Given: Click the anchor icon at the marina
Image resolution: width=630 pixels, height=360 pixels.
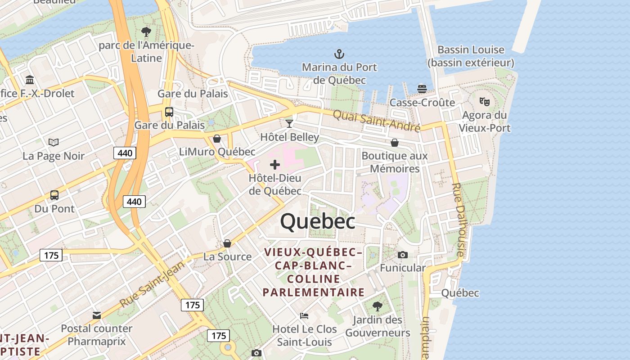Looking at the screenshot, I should (339, 54).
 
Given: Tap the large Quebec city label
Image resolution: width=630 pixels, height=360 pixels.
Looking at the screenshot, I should (318, 221).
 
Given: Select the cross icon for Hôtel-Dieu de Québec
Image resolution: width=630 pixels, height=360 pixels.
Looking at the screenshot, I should (274, 165).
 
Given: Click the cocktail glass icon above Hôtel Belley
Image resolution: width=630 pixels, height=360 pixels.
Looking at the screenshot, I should (289, 123).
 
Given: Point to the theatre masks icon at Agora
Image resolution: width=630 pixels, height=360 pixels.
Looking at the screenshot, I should (484, 102).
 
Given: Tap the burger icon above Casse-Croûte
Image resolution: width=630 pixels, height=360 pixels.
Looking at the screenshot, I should (422, 89).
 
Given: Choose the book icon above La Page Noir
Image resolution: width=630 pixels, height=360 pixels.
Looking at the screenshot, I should (54, 143).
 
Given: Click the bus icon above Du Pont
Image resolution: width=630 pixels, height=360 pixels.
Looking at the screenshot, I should (54, 195).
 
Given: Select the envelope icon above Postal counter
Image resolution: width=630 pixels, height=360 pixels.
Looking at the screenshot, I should (97, 315).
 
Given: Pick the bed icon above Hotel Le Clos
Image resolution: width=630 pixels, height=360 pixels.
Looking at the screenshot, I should (304, 315).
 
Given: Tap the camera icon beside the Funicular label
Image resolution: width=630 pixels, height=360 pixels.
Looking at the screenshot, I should (403, 255).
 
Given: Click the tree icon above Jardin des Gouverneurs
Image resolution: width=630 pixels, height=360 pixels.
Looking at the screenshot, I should (378, 306).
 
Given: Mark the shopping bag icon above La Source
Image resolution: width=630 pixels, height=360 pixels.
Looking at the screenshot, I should (227, 243).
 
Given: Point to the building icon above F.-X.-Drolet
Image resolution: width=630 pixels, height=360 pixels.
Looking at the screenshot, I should (30, 80).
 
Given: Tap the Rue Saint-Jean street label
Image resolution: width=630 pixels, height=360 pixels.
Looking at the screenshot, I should (153, 284).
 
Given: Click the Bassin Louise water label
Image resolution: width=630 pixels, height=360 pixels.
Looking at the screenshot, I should (471, 56).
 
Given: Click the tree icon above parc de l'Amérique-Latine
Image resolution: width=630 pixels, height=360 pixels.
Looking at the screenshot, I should (146, 32).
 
